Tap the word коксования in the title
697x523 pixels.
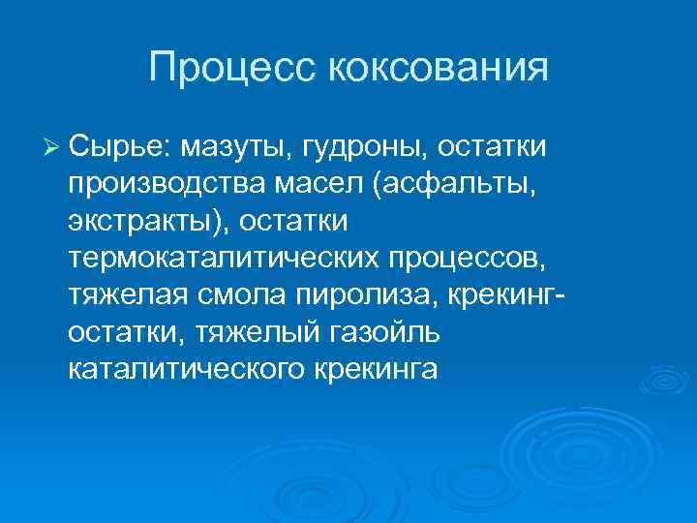click(x=439, y=68)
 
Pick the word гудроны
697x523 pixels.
click(x=366, y=147)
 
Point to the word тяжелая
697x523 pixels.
click(x=120, y=294)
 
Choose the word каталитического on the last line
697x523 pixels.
click(x=186, y=368)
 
